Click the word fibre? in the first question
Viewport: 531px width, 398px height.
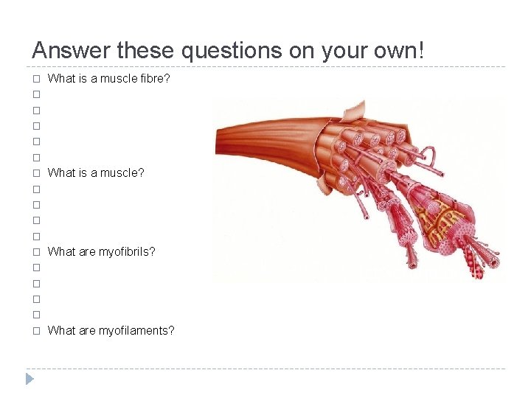pos(156,78)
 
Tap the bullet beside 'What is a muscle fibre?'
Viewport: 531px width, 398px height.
pos(35,79)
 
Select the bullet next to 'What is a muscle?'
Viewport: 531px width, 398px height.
pos(35,173)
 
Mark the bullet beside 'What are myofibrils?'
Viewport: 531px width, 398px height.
pos(35,252)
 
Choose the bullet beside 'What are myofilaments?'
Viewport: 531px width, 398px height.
pos(35,331)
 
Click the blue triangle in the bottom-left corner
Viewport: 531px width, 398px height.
pos(29,380)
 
